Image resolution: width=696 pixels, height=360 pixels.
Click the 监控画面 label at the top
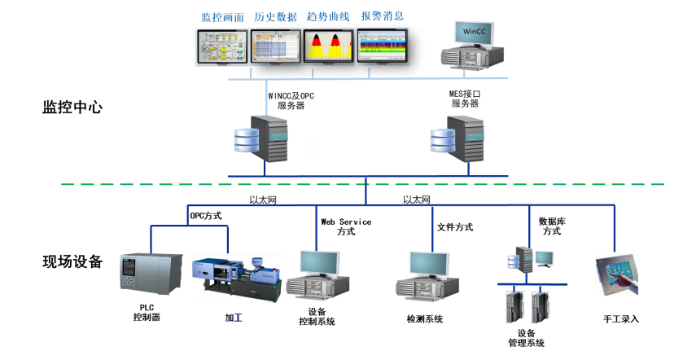223,16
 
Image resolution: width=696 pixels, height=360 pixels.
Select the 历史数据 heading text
276,16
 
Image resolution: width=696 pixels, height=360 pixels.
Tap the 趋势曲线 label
329,16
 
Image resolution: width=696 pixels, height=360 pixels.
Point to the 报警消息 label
382,16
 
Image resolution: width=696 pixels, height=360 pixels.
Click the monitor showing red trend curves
329,46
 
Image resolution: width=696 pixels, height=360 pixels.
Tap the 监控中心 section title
72,107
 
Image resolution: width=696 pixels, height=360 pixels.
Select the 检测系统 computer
427,275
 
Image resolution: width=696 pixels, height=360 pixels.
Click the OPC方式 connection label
206,216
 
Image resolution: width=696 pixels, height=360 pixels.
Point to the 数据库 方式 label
552,226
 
